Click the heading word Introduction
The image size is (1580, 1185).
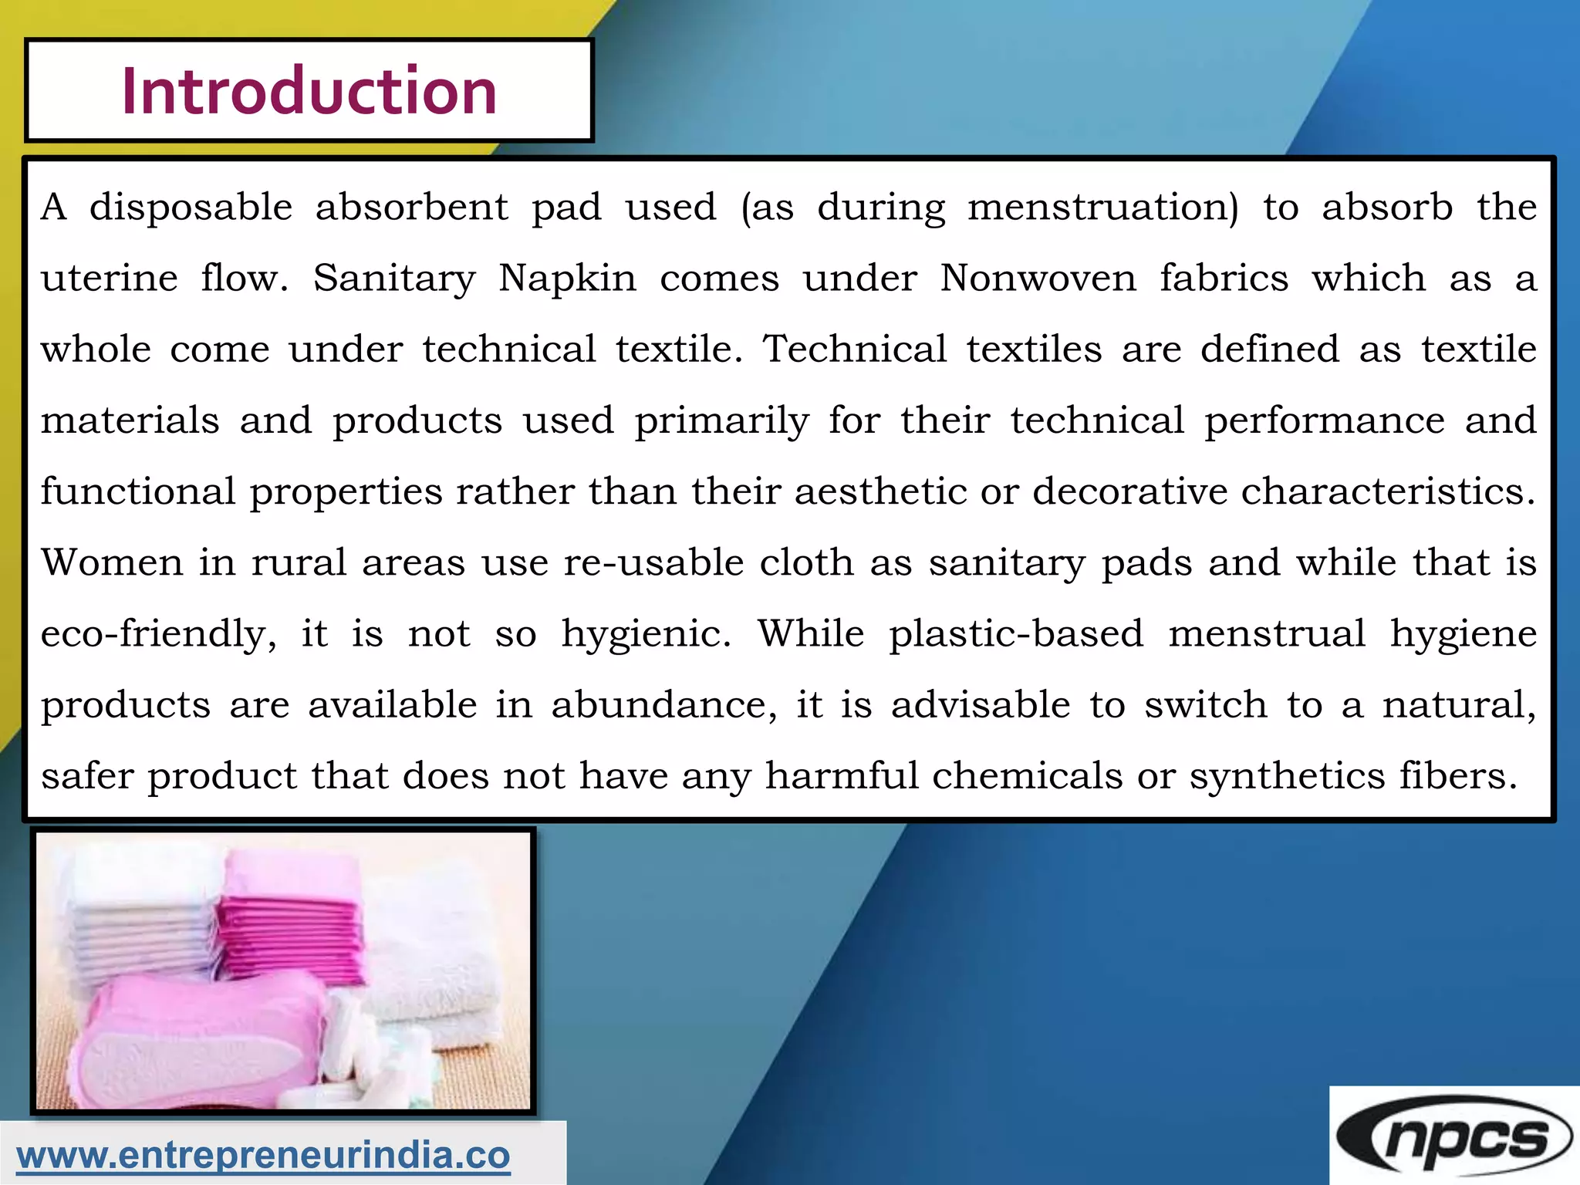click(x=309, y=91)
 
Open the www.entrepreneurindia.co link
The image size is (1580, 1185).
click(x=263, y=1155)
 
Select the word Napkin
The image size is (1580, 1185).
click(x=567, y=279)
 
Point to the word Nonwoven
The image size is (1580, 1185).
click(x=1038, y=279)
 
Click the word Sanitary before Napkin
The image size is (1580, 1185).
click(x=394, y=279)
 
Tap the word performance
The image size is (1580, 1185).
click(x=1324, y=421)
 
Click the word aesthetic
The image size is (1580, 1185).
click(x=880, y=491)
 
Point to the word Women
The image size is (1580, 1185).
click(x=112, y=562)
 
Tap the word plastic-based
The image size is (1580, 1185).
click(x=1015, y=634)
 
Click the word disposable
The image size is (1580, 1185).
click(x=191, y=208)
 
